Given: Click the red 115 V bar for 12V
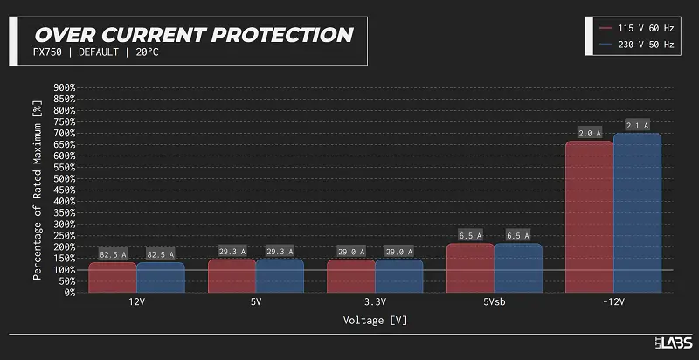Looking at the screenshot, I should pos(112,277).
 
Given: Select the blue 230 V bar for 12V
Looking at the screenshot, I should pos(161,277).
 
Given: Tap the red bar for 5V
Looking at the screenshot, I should pos(232,275).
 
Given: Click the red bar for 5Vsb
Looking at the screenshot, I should pos(470,267).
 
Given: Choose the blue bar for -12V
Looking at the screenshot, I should pos(638,214).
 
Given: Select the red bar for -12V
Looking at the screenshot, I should pos(590,218).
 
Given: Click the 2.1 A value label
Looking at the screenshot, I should pos(638,126).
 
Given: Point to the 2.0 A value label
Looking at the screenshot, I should pos(590,134).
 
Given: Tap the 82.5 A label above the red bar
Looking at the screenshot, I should pos(112,254).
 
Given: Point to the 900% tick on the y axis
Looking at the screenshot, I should pos(66,87).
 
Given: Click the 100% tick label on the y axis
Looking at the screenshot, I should pos(66,269).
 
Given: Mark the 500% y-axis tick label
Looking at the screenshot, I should pos(66,178).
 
